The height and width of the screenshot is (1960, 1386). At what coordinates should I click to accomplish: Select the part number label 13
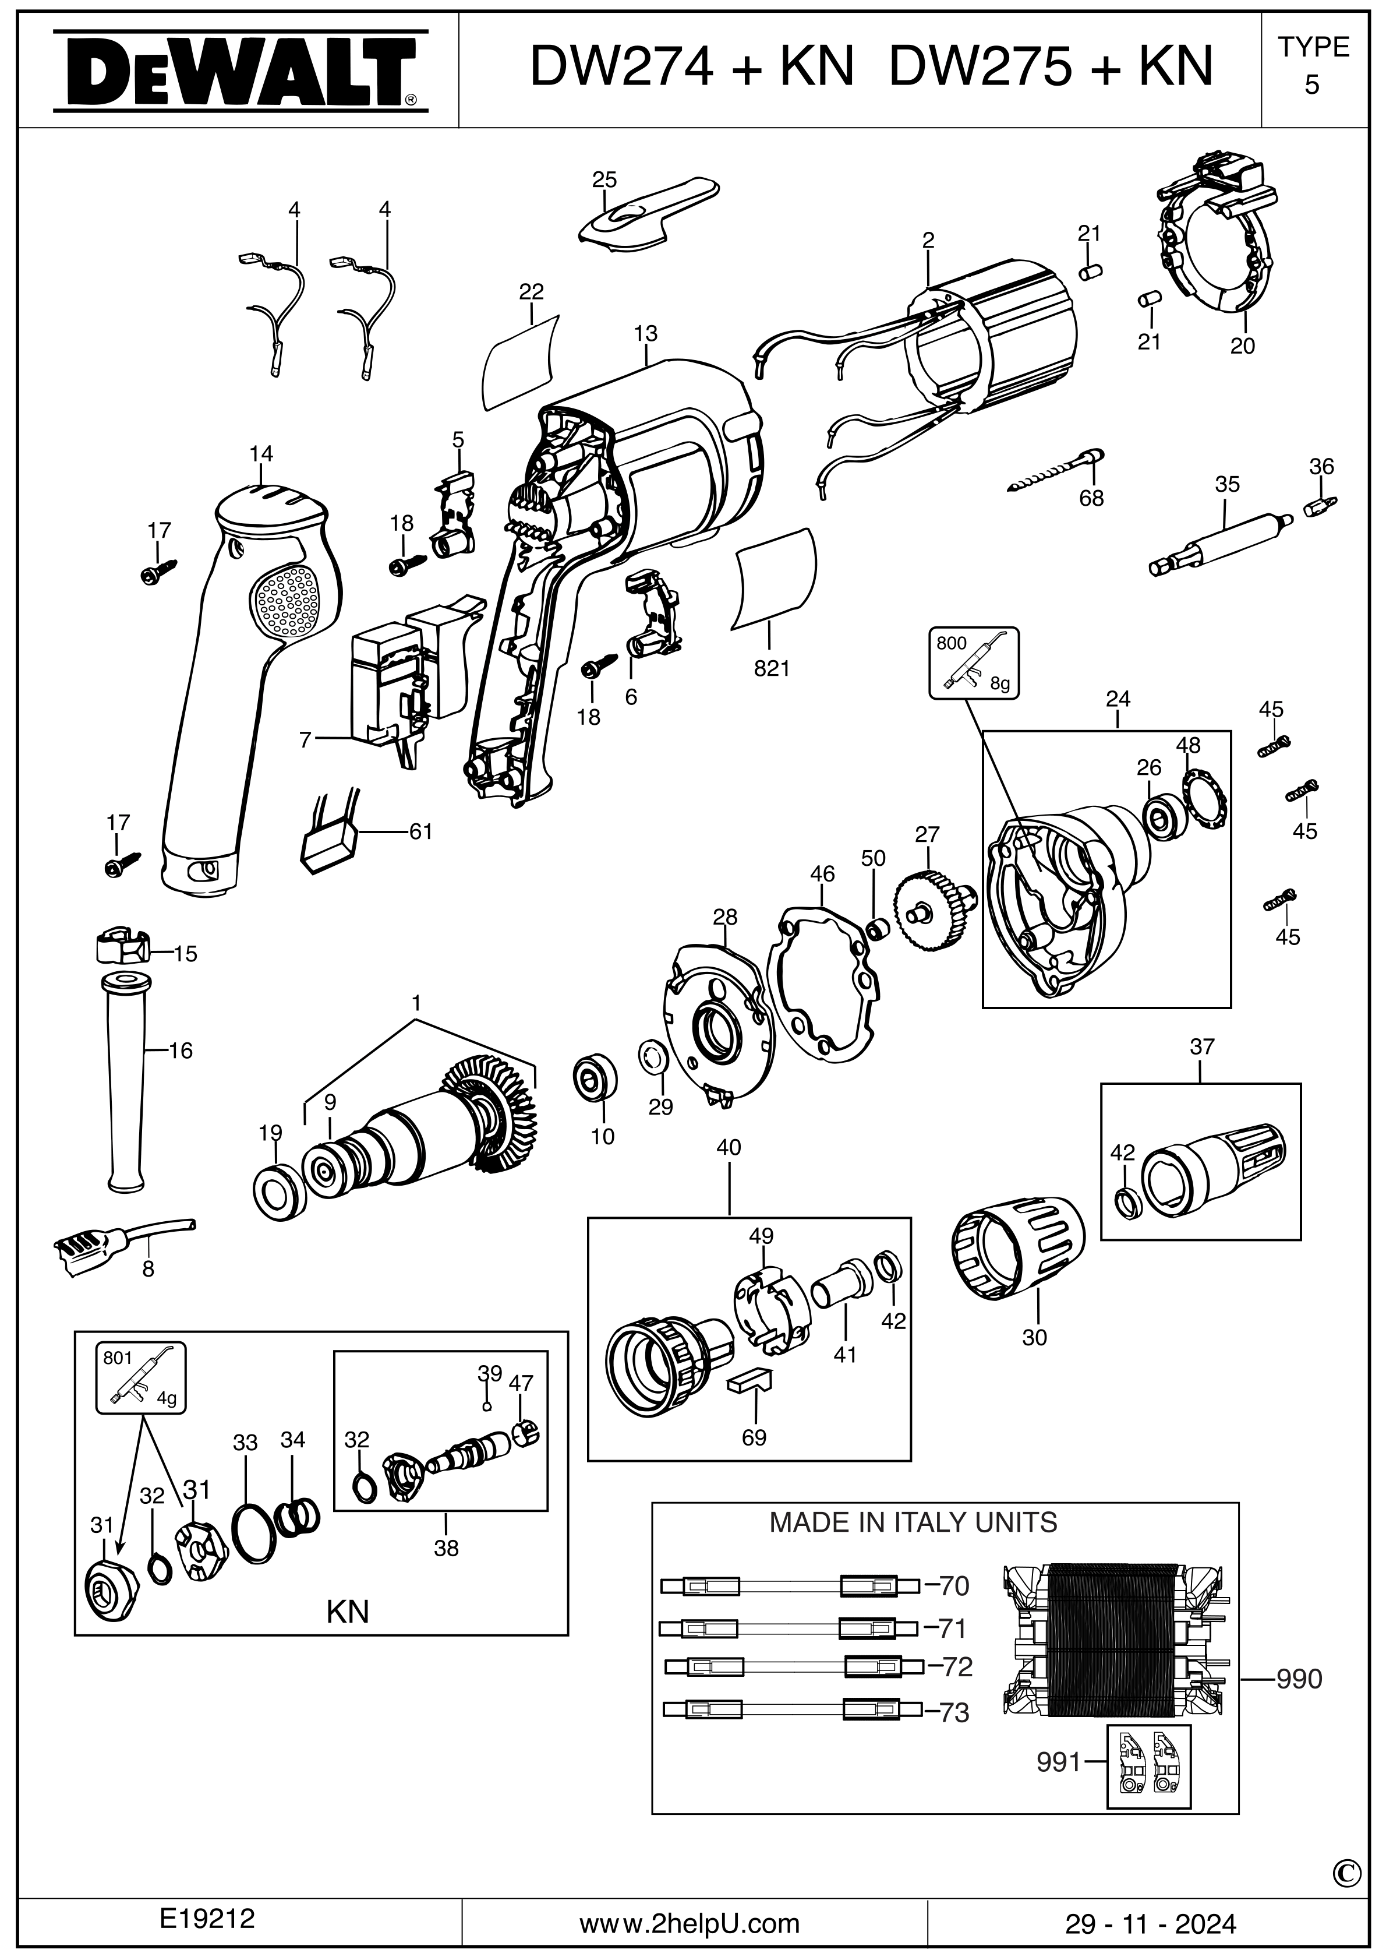click(645, 334)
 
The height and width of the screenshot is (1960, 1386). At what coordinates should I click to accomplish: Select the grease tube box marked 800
click(974, 664)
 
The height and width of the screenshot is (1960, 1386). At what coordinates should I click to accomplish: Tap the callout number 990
click(1299, 1679)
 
